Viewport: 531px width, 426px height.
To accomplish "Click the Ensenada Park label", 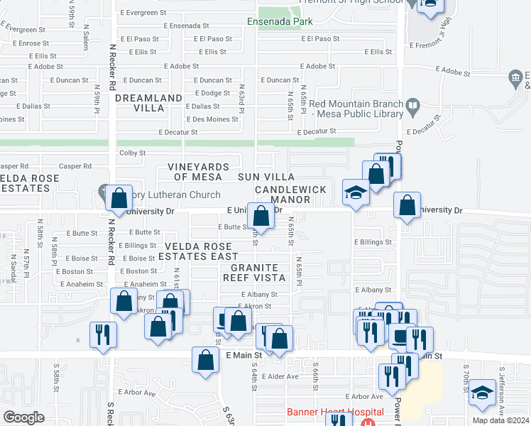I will [280, 21].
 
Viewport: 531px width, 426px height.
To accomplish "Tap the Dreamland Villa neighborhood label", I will [149, 103].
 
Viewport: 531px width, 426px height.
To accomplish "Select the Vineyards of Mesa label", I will [198, 171].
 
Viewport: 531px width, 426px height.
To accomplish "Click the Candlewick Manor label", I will [283, 195].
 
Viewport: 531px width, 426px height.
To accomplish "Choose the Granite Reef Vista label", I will [253, 273].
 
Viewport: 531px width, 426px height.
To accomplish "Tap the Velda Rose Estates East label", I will [202, 251].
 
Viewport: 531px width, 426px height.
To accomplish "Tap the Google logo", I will [23, 417].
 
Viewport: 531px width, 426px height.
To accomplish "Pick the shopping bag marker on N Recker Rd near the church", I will [119, 199].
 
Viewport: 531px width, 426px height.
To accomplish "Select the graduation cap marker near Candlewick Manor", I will [355, 192].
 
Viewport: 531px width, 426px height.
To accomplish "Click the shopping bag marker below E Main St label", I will [205, 359].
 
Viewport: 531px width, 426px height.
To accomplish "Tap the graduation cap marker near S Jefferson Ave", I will [483, 393].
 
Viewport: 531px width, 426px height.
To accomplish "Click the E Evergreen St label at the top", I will [143, 13].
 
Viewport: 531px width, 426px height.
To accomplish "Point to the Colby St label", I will [133, 153].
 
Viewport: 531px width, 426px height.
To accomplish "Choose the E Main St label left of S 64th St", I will [244, 354].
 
